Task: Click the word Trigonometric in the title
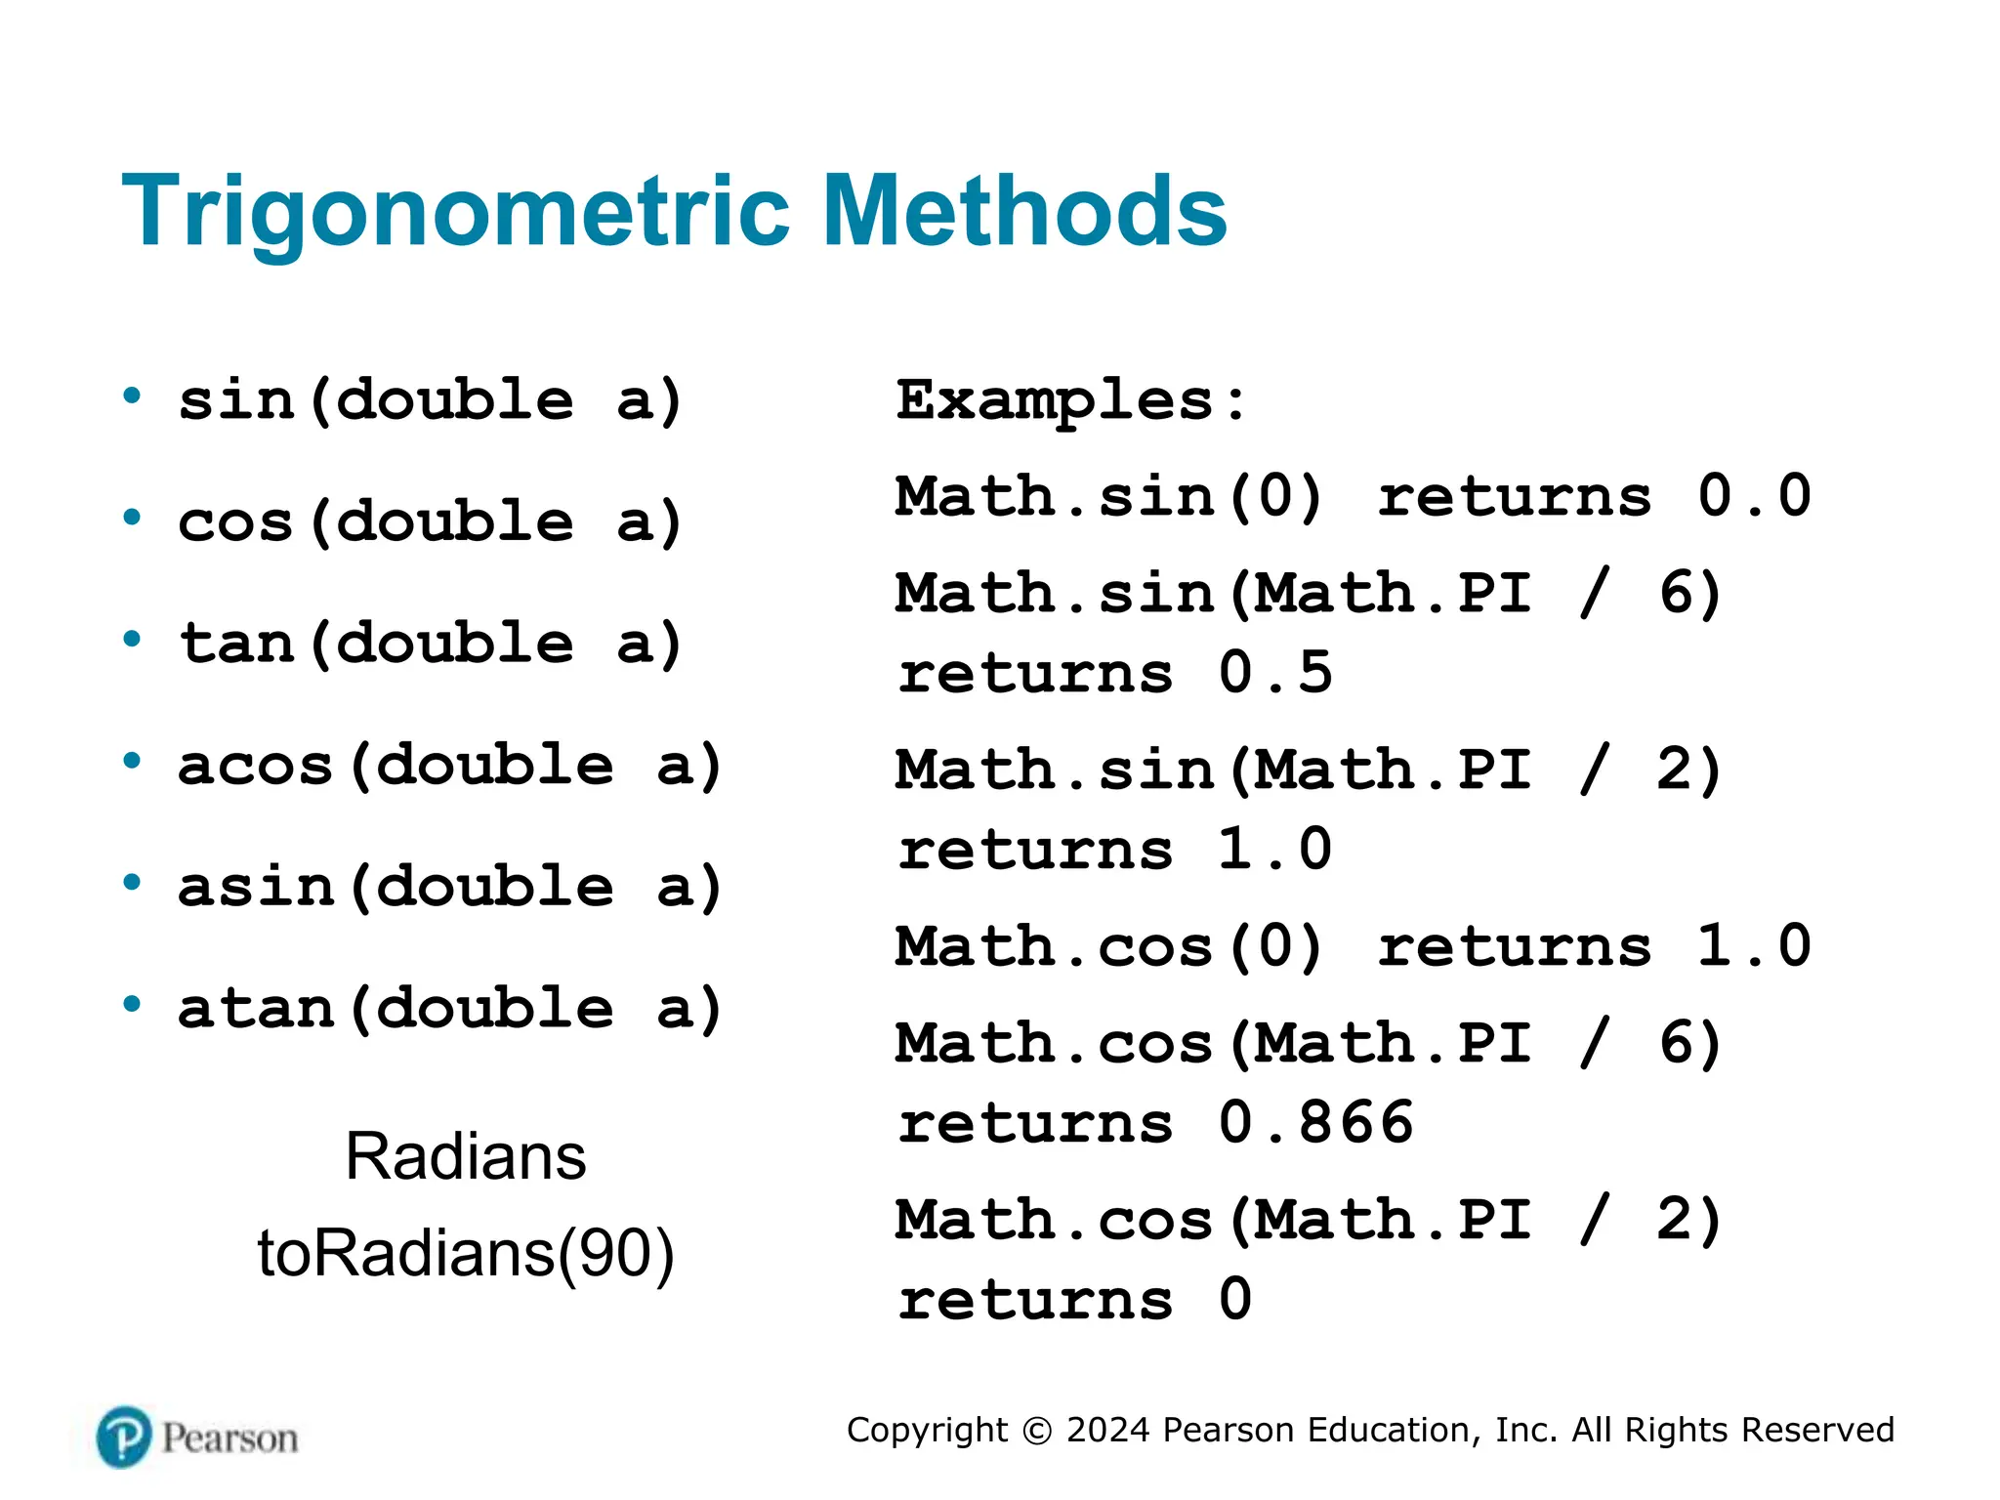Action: (x=455, y=212)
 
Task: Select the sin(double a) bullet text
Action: (x=430, y=400)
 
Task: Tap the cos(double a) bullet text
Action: (x=430, y=521)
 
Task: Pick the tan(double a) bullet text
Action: (x=430, y=644)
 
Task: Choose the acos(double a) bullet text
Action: (x=449, y=766)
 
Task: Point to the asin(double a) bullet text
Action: (x=449, y=887)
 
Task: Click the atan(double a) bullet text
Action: (x=449, y=1009)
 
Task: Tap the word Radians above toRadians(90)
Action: (x=465, y=1157)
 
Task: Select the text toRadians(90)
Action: (x=465, y=1253)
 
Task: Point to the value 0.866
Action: (x=1315, y=1123)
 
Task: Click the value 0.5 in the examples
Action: (x=1274, y=673)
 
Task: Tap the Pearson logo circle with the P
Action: (x=124, y=1437)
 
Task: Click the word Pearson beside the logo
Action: (x=229, y=1438)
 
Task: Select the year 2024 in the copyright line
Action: (x=1107, y=1430)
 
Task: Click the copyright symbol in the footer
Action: (x=1036, y=1431)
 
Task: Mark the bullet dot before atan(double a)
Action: (x=132, y=1005)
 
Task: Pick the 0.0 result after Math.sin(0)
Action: (x=1754, y=496)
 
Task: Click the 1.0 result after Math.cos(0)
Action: (x=1754, y=946)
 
